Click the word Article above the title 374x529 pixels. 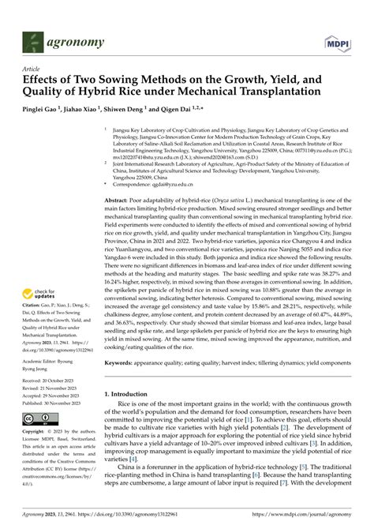(30, 69)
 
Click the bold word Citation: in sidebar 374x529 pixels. (32, 302)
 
